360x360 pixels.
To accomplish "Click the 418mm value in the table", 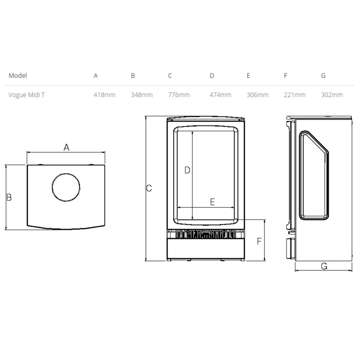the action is point(104,95).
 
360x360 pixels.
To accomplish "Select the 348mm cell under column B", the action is point(141,95).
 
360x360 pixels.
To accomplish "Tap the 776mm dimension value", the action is point(179,95).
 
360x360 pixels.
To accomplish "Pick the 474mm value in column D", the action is point(221,95).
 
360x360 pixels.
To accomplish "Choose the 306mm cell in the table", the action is point(258,95).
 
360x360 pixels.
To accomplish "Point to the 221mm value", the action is point(295,95).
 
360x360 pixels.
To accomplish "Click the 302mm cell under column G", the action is point(332,95).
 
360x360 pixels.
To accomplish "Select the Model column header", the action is point(18,76).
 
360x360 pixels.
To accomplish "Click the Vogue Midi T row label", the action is point(27,95).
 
